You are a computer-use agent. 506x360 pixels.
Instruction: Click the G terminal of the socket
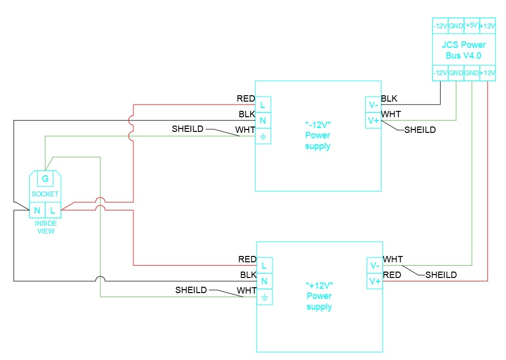[45, 179]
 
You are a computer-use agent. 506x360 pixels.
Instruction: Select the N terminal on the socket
[37, 211]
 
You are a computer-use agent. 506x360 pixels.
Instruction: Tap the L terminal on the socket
[53, 211]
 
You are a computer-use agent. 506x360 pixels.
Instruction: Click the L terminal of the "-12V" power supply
[263, 105]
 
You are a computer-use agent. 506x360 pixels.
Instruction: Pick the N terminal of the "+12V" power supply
[264, 281]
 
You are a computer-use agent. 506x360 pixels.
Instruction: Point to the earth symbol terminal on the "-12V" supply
[263, 136]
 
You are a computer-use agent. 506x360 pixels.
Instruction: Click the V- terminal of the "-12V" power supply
[373, 105]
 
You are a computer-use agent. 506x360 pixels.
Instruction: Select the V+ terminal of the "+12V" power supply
[375, 281]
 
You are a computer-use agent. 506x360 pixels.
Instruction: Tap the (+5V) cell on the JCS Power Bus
[471, 25]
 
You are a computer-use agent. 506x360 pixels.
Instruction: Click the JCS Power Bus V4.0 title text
[464, 50]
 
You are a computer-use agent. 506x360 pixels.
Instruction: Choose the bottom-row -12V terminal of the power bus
[440, 73]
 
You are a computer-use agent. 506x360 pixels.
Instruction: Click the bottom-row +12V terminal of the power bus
[487, 73]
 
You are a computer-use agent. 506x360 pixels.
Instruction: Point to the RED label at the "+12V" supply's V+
[392, 275]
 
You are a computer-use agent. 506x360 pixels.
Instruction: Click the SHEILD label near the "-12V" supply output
[420, 130]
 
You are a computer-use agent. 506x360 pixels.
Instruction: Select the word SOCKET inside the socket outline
[45, 194]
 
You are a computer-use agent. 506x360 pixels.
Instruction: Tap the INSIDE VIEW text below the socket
[45, 227]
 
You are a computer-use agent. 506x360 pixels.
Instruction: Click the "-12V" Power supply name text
[317, 135]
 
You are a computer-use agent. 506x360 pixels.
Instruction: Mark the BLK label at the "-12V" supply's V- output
[389, 99]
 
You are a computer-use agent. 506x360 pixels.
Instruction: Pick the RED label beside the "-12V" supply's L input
[246, 99]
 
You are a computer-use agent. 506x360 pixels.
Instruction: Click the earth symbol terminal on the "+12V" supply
[264, 297]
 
